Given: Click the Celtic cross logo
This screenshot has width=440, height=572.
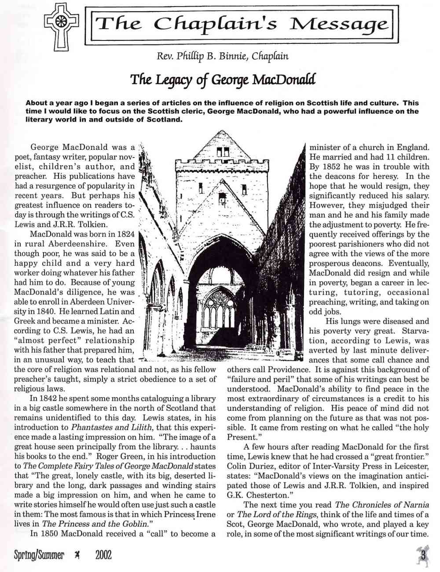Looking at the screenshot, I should click(x=61, y=25).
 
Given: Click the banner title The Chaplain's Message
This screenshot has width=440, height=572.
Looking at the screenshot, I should click(x=242, y=24).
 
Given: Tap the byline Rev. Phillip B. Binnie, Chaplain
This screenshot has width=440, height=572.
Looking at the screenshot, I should click(x=222, y=56).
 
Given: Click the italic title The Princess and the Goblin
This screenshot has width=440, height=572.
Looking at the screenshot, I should click(x=95, y=524).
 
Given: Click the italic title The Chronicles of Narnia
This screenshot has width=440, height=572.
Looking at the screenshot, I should click(x=382, y=505).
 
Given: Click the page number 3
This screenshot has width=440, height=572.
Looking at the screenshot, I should click(x=423, y=554).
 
